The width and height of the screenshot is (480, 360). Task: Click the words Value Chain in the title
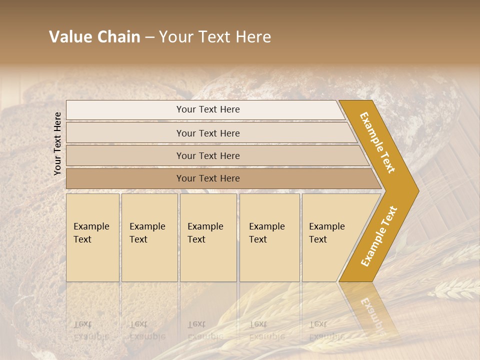pyautogui.click(x=94, y=37)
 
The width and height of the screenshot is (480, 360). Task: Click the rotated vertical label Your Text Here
pyautogui.click(x=57, y=143)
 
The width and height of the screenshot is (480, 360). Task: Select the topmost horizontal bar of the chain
pyautogui.click(x=208, y=109)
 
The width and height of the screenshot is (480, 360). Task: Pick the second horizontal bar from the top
pyautogui.click(x=208, y=133)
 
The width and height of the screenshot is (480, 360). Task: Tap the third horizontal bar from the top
pyautogui.click(x=208, y=155)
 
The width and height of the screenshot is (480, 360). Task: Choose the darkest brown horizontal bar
pyautogui.click(x=208, y=178)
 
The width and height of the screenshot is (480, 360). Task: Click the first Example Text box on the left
pyautogui.click(x=92, y=237)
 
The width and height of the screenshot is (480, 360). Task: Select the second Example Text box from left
pyautogui.click(x=149, y=237)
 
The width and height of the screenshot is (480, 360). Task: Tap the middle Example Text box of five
pyautogui.click(x=208, y=237)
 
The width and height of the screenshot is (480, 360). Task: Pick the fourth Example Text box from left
pyautogui.click(x=269, y=237)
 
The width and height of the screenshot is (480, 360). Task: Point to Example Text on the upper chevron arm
pyautogui.click(x=377, y=142)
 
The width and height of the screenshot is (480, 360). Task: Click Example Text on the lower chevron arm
pyautogui.click(x=379, y=236)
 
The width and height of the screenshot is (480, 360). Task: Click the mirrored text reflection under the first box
pyautogui.click(x=91, y=330)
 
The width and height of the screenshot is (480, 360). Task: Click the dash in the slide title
pyautogui.click(x=149, y=37)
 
